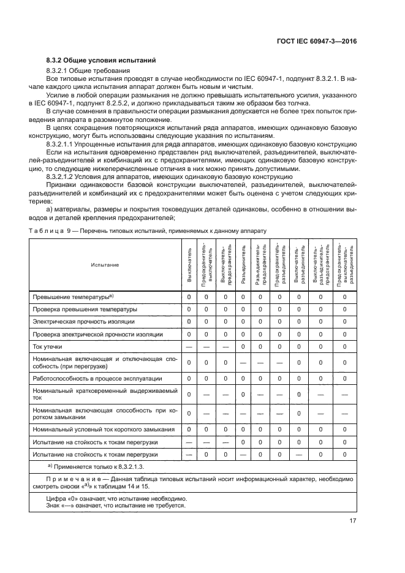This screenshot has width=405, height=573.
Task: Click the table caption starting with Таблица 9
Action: pos(148,230)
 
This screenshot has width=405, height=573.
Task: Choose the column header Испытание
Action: pos(105,264)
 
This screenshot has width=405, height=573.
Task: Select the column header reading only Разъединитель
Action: pos(244,265)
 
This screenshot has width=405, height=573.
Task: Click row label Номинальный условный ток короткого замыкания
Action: pos(104,429)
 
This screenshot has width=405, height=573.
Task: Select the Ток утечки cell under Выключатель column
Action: pos(189,346)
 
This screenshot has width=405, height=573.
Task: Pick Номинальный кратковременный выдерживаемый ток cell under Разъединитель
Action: pos(244,394)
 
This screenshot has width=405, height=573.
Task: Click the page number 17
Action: pos(354,522)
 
